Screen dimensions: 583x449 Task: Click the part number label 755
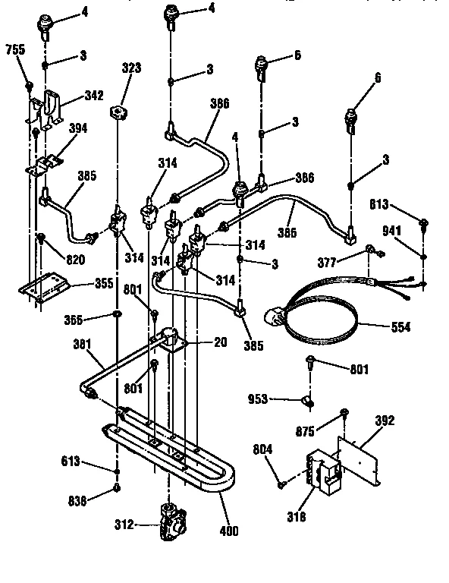tap(14, 50)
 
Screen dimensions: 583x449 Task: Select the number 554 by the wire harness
tap(401, 328)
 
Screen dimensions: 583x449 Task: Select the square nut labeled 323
tap(118, 112)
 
